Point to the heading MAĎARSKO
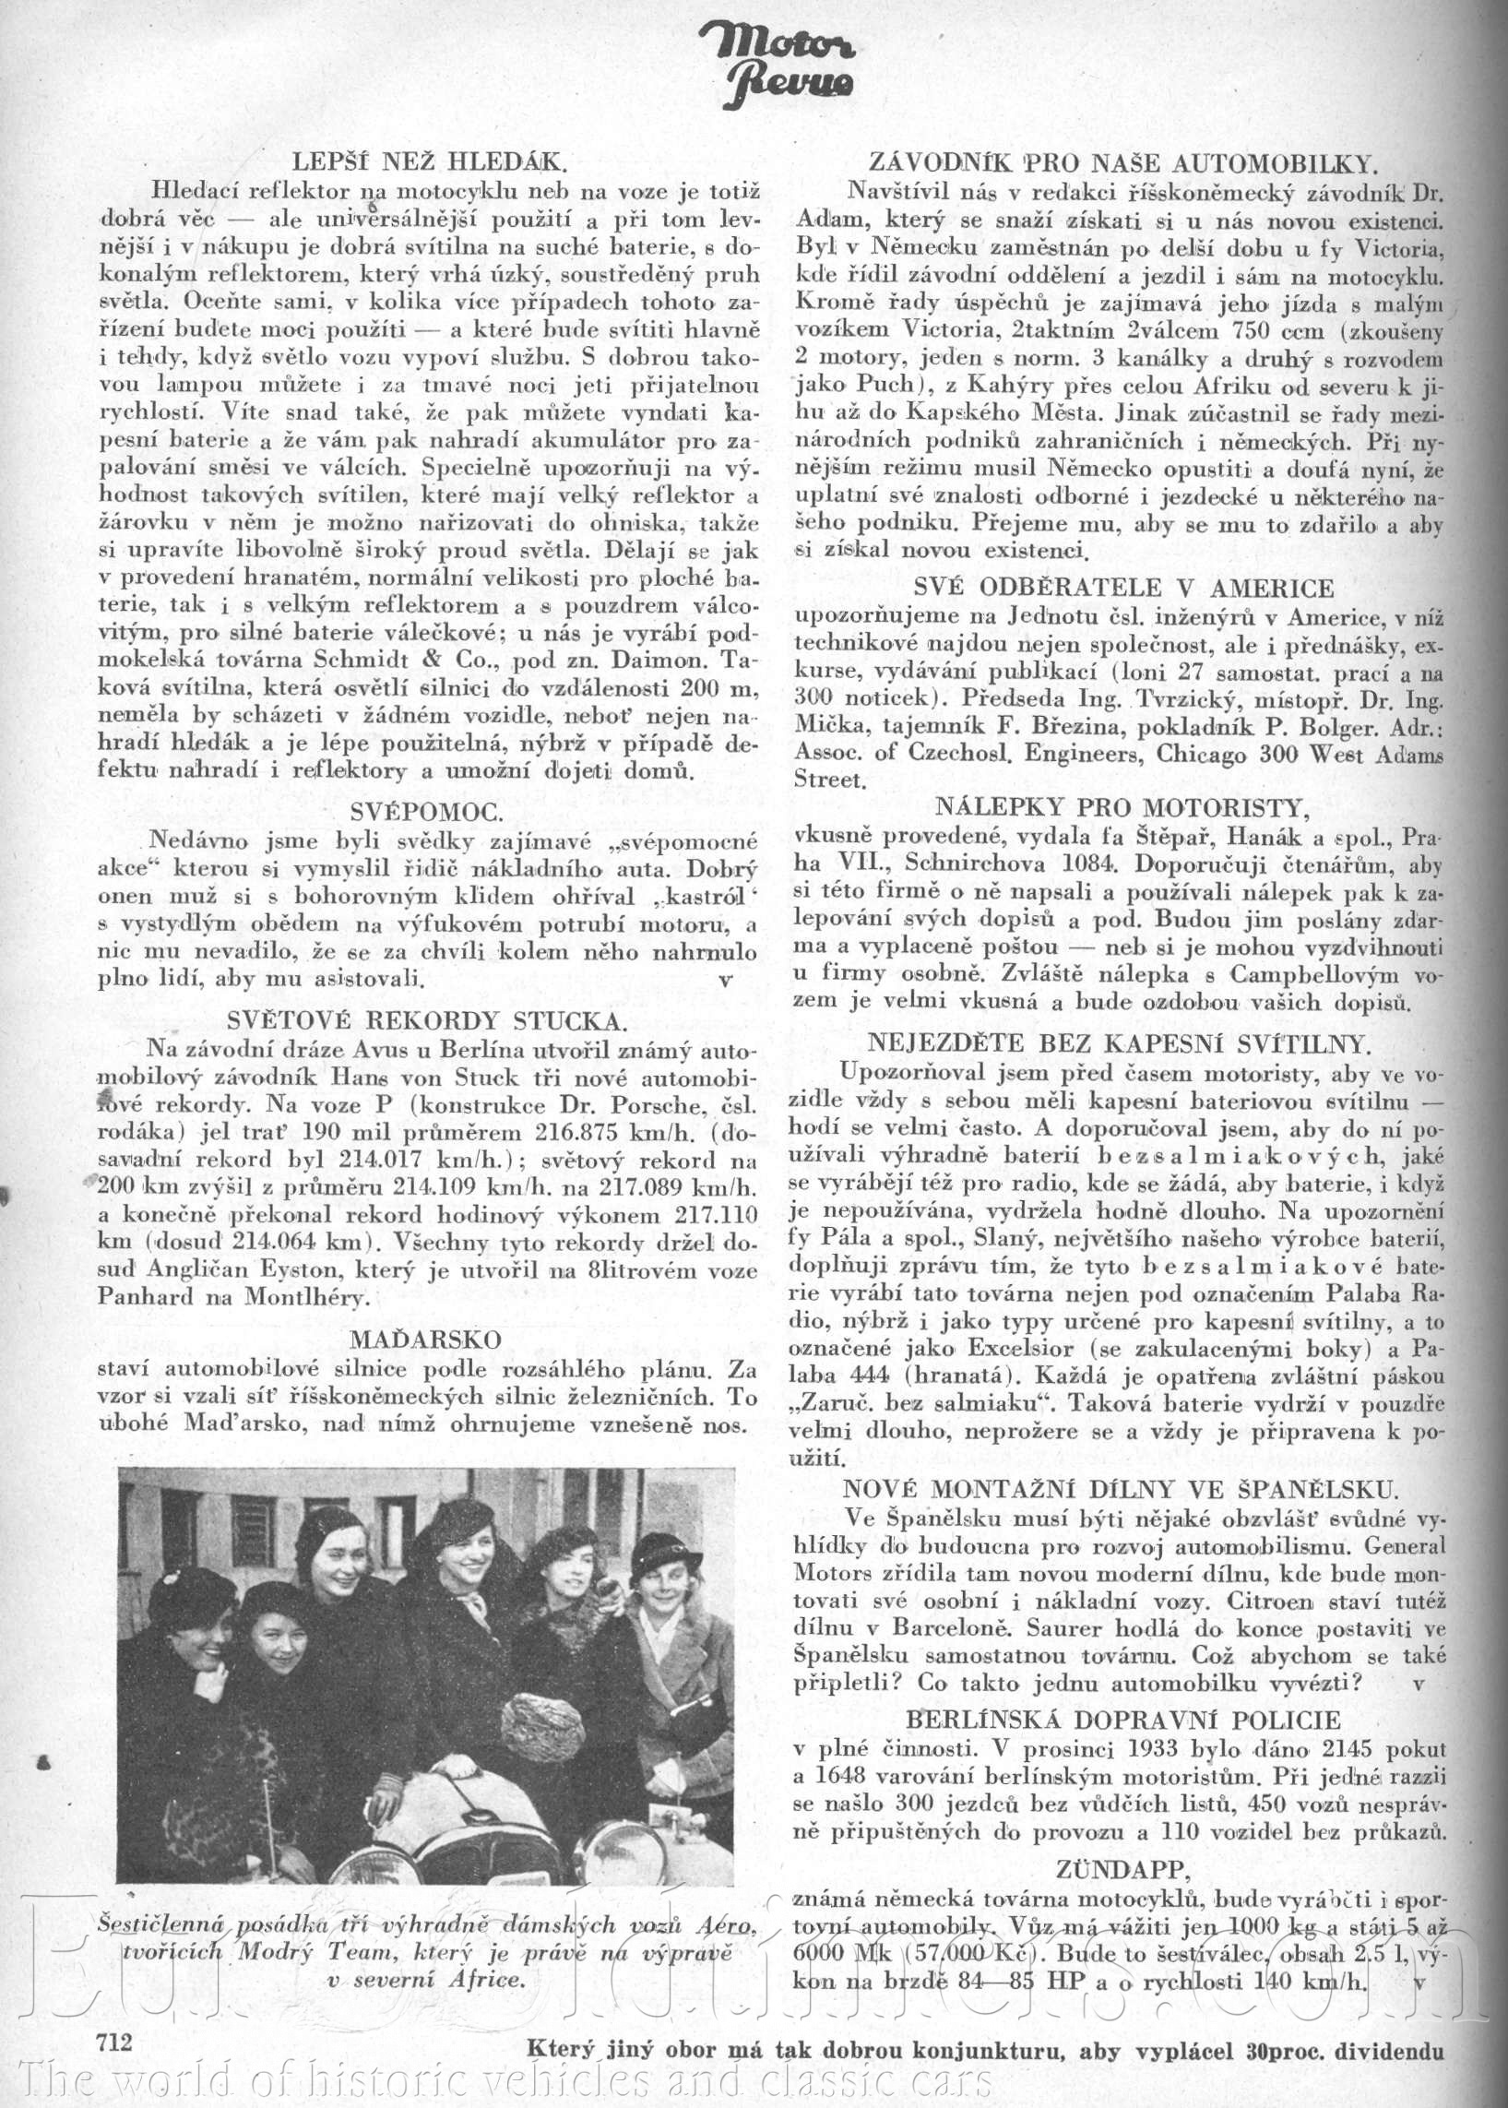(x=426, y=1339)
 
